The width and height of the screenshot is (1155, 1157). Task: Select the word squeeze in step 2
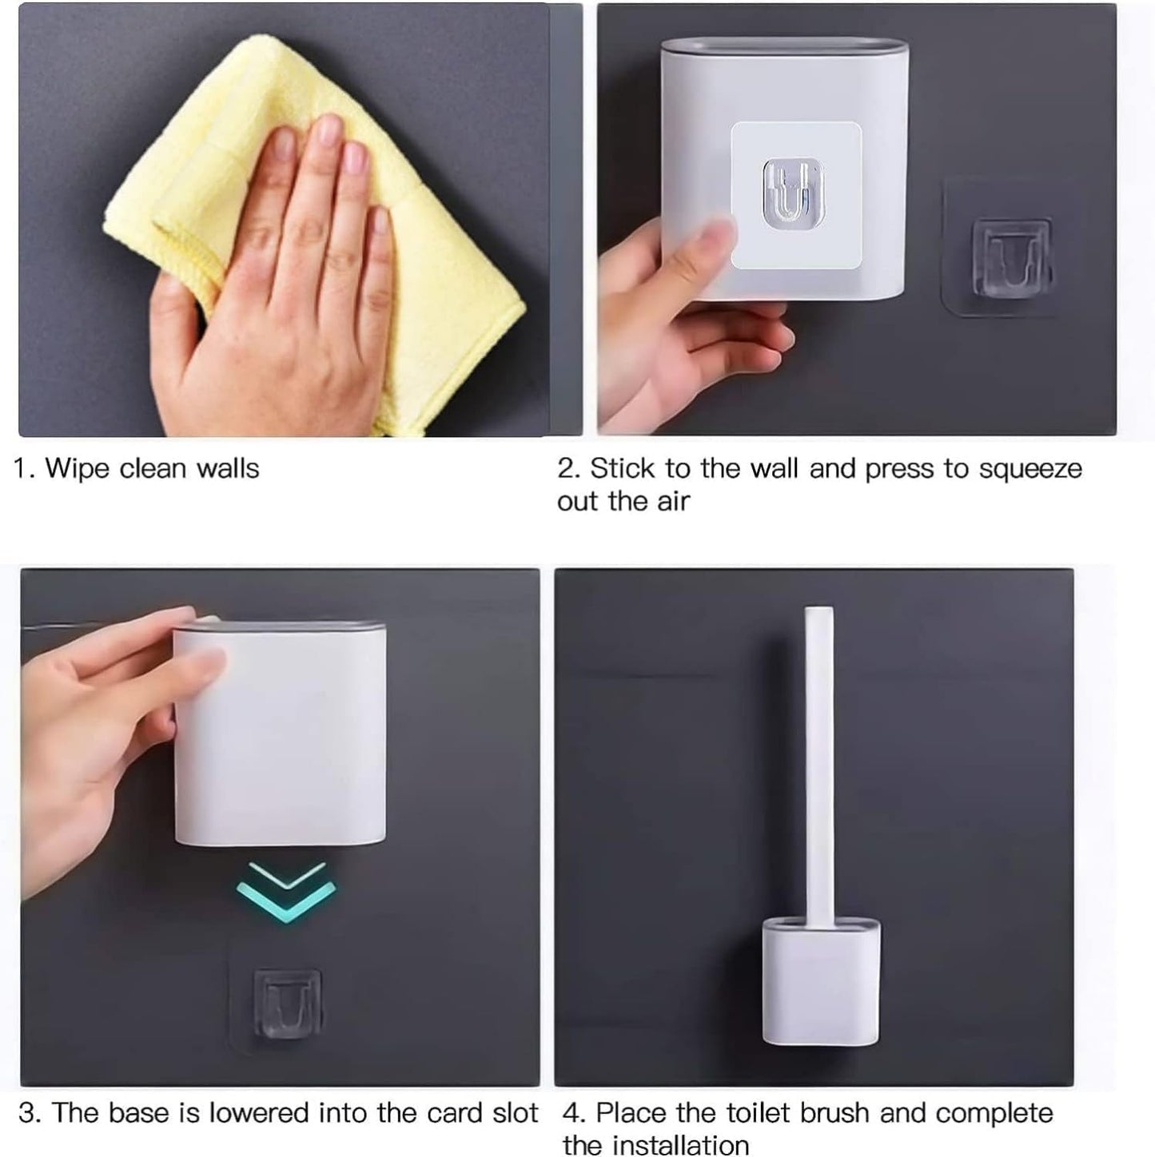[x=1030, y=470]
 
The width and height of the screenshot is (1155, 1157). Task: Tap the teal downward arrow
[x=286, y=891]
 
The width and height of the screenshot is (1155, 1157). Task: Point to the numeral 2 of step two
[x=566, y=469]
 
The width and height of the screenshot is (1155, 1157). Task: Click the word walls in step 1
[x=228, y=469]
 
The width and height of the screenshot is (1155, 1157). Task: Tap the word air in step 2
[x=673, y=501]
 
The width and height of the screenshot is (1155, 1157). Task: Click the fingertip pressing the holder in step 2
[x=716, y=231]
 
